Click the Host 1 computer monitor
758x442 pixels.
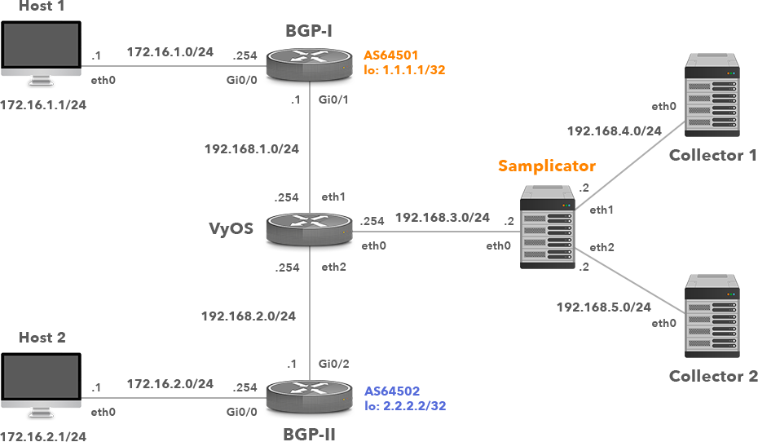(x=41, y=54)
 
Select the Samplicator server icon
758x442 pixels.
(x=546, y=228)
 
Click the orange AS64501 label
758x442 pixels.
(x=391, y=55)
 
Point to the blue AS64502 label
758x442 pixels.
(x=392, y=391)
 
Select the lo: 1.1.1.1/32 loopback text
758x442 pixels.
(x=404, y=70)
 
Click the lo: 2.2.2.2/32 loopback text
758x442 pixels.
(x=405, y=405)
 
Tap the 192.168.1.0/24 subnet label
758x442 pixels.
(x=252, y=149)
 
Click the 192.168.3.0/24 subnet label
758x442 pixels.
(x=442, y=217)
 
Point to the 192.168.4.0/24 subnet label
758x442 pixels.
(x=614, y=130)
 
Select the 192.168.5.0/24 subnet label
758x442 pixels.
(x=603, y=307)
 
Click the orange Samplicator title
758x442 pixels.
(x=546, y=166)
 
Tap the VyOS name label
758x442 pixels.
(x=232, y=228)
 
